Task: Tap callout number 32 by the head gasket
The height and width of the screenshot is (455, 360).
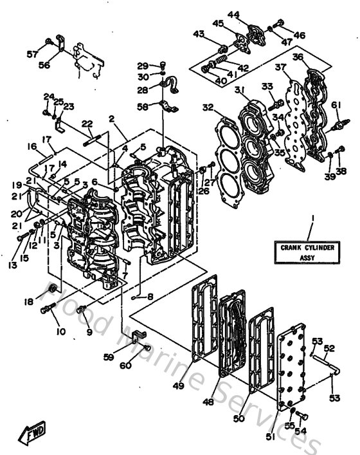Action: (x=207, y=107)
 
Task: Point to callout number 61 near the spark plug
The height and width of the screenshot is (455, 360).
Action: (x=335, y=105)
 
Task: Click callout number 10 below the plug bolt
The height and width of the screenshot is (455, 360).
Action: (x=62, y=332)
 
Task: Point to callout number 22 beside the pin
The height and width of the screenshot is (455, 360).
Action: (x=88, y=124)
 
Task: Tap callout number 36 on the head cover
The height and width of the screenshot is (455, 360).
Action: (x=316, y=57)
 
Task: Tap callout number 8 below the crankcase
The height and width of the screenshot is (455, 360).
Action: (x=151, y=297)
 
